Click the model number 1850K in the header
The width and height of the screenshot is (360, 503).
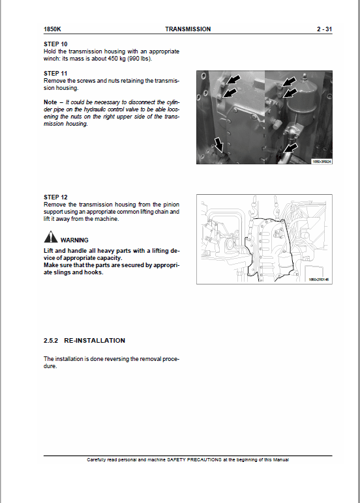tap(52, 29)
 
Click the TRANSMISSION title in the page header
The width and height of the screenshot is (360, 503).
tap(188, 29)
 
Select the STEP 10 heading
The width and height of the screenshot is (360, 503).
tap(55, 44)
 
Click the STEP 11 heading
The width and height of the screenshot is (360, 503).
tap(55, 73)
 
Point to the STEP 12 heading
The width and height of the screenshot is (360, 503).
tap(55, 196)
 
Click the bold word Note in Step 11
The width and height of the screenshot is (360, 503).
tap(50, 102)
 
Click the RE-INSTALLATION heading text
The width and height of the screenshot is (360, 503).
tap(95, 340)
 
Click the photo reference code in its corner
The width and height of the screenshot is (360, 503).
tap(320, 160)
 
